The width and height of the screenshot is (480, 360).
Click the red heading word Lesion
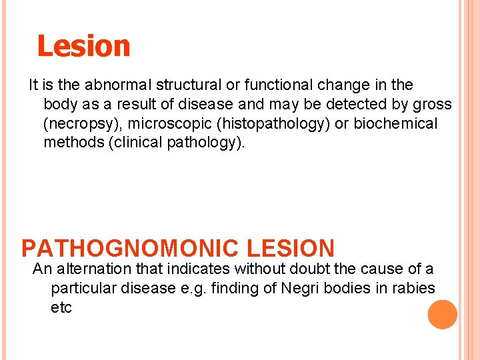tap(83, 47)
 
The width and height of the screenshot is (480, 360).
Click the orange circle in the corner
tap(443, 314)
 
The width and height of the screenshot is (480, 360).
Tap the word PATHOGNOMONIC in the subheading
tap(130, 249)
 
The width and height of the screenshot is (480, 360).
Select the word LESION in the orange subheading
tap(290, 249)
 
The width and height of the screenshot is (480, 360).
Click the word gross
tap(432, 105)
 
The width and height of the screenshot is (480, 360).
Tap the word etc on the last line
tap(61, 307)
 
